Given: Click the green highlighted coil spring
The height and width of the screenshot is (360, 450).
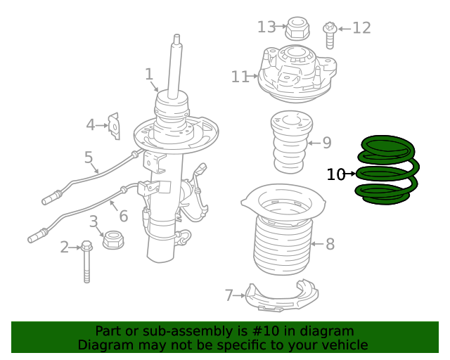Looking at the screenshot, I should point(389,171).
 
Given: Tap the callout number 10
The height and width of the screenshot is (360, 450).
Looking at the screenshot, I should point(336,174).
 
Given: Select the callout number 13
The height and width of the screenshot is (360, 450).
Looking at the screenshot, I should point(266,27).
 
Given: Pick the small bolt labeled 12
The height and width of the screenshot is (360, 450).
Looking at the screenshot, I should point(329,32).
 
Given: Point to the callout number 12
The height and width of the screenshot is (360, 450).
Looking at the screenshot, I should point(361,28).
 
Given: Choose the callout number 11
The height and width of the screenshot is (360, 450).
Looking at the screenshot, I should point(240,77).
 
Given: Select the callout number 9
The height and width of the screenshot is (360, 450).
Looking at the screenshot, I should point(326,143).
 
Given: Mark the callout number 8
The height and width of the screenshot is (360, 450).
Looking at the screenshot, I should point(329,244).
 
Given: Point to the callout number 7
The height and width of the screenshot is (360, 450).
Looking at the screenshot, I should point(229,295).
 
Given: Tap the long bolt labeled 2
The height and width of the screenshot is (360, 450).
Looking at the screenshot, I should point(86,261).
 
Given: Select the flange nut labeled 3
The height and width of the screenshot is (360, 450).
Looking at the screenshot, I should point(113,241).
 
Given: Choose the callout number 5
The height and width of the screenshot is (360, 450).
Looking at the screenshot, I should point(89,157).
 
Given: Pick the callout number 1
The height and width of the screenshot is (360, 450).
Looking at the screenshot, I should point(149,74).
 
